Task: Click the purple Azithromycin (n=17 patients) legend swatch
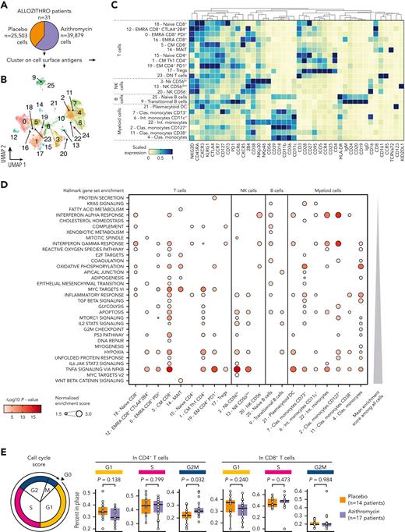point(340,505)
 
